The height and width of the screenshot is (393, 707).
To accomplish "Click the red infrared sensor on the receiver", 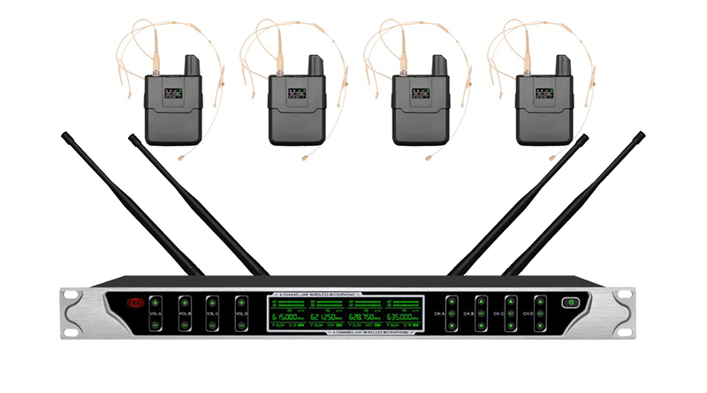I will click(136, 303).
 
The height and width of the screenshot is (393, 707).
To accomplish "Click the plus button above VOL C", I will click(212, 303).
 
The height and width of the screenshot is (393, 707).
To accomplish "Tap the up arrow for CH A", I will click(451, 301).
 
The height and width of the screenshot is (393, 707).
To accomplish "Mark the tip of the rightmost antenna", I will click(641, 135).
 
